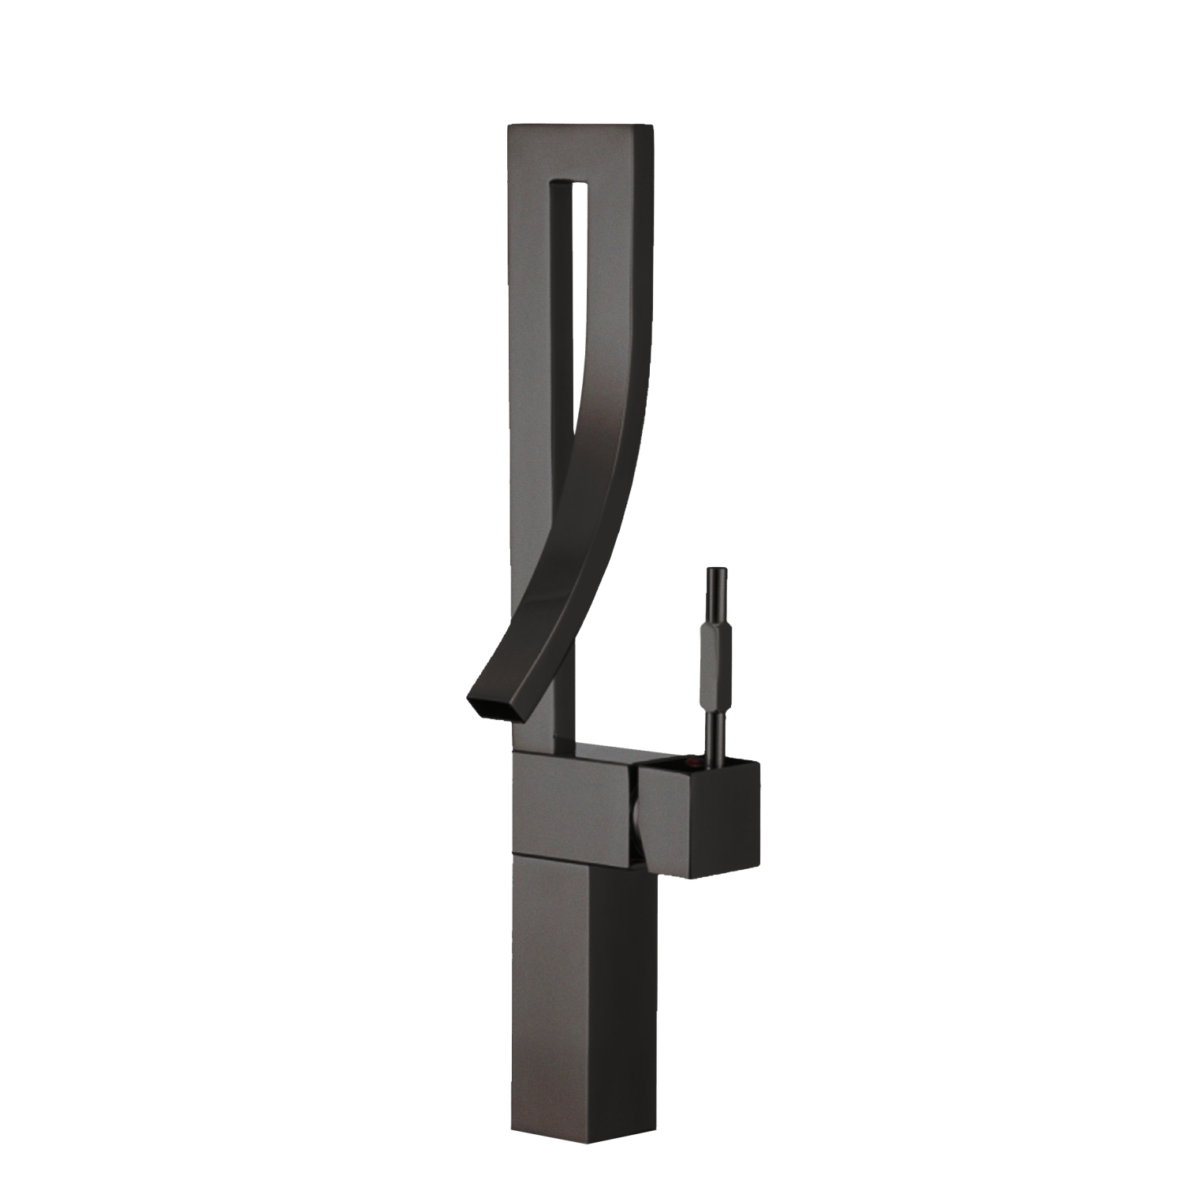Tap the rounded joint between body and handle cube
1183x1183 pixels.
click(x=637, y=820)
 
